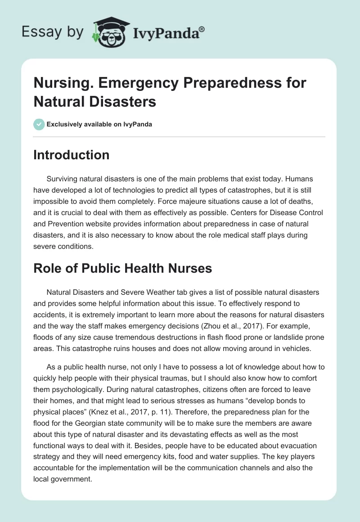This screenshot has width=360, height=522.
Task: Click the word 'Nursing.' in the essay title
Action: pyautogui.click(x=60, y=83)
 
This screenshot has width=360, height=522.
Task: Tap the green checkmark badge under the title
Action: pyautogui.click(x=39, y=124)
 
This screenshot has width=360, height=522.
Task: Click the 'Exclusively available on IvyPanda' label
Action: pyautogui.click(x=99, y=124)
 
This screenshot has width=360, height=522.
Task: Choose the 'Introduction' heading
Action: pyautogui.click(x=72, y=155)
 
